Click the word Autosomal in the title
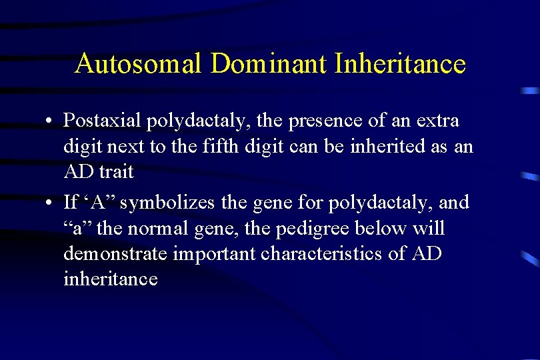point(139,64)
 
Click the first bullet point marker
point(50,122)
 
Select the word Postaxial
point(102,121)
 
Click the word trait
point(117,172)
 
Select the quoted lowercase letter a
point(74,229)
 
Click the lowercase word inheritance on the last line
point(111,279)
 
